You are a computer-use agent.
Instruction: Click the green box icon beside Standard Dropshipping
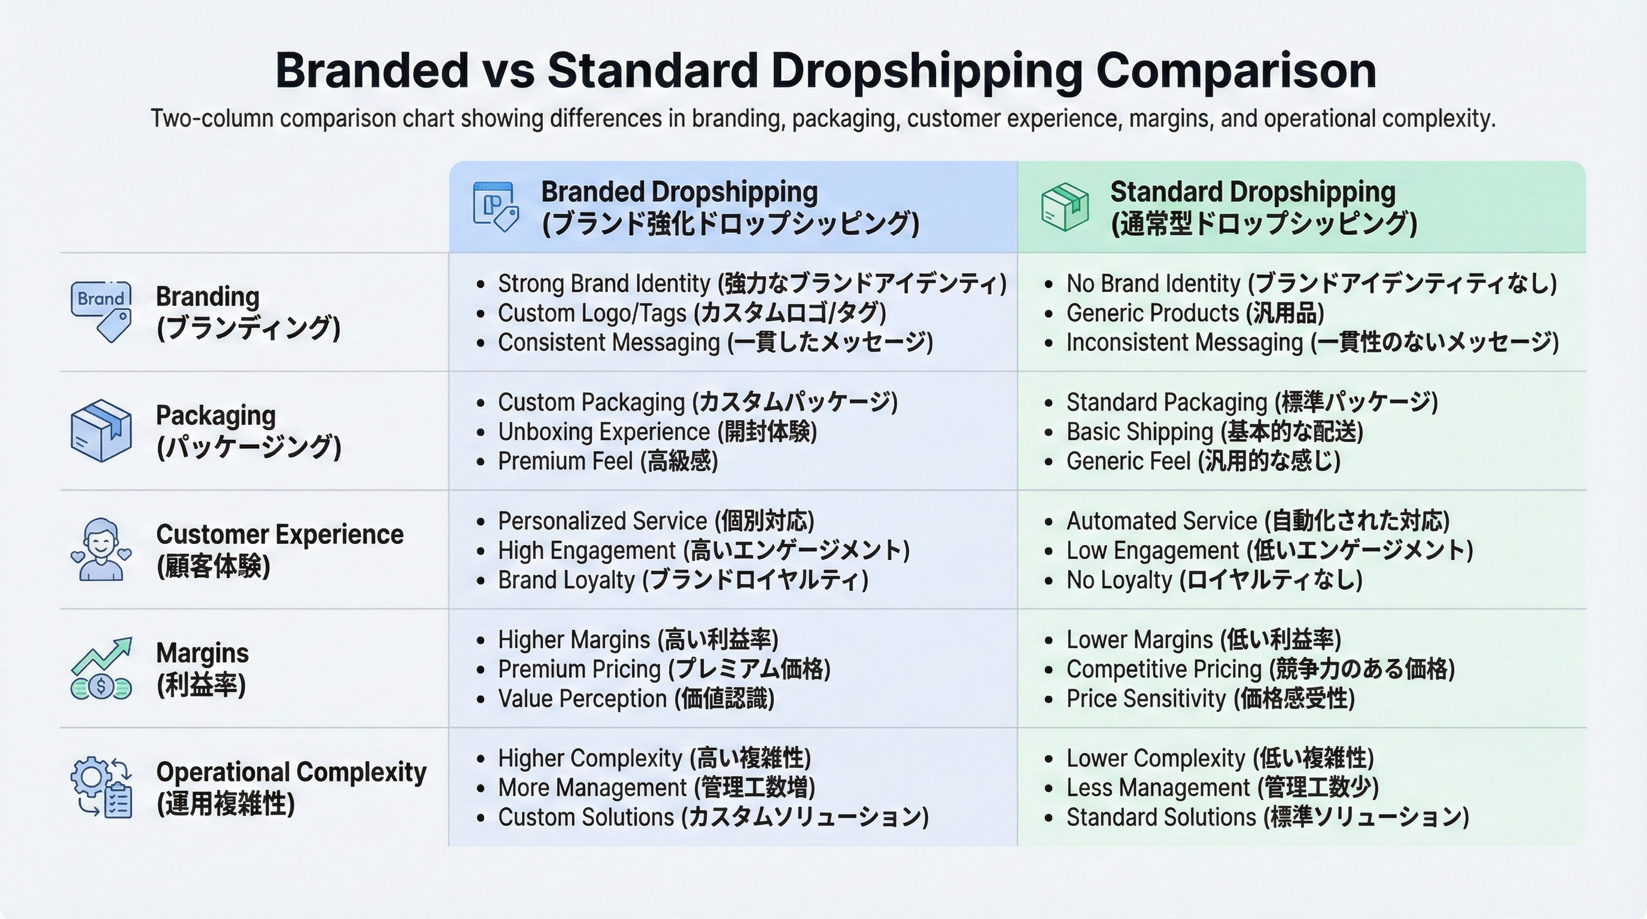pos(1065,207)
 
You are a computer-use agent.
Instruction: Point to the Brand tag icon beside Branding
pos(101,311)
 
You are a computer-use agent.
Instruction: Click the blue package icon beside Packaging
pos(101,430)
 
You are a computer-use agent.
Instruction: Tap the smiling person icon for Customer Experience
pos(101,550)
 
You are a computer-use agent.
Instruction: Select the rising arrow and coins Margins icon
pos(101,668)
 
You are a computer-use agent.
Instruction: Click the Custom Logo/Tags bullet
pos(691,313)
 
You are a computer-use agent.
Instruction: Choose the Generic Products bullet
pos(1195,313)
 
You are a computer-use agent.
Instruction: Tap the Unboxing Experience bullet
pos(657,432)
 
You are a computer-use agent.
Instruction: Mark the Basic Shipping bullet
pos(1214,432)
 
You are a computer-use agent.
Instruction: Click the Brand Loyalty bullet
pos(682,580)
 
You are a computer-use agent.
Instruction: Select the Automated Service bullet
pos(1257,522)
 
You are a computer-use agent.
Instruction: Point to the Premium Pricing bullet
pos(664,670)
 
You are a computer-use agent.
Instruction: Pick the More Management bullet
pos(656,788)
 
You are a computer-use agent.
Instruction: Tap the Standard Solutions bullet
pos(1266,817)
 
